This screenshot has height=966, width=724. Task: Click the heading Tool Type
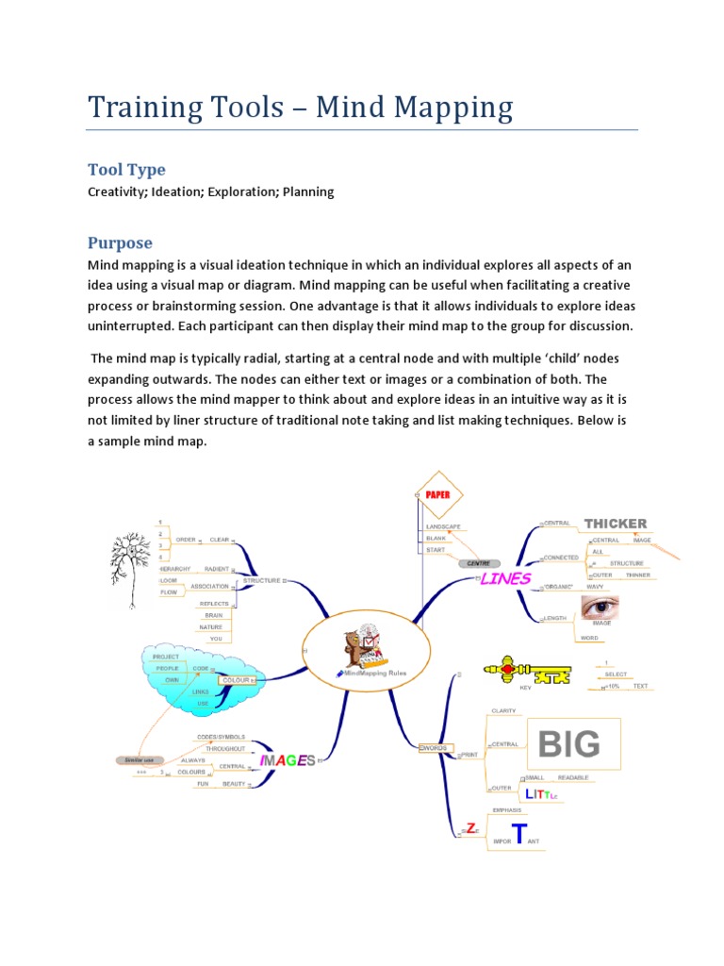pos(126,170)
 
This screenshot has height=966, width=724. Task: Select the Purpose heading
pos(120,242)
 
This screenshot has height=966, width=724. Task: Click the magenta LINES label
pos(507,578)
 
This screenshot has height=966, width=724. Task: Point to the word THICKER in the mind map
pos(615,524)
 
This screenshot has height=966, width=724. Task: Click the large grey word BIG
pos(568,745)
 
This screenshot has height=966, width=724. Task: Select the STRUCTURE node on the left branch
pos(262,581)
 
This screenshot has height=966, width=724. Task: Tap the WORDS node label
pos(433,747)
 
